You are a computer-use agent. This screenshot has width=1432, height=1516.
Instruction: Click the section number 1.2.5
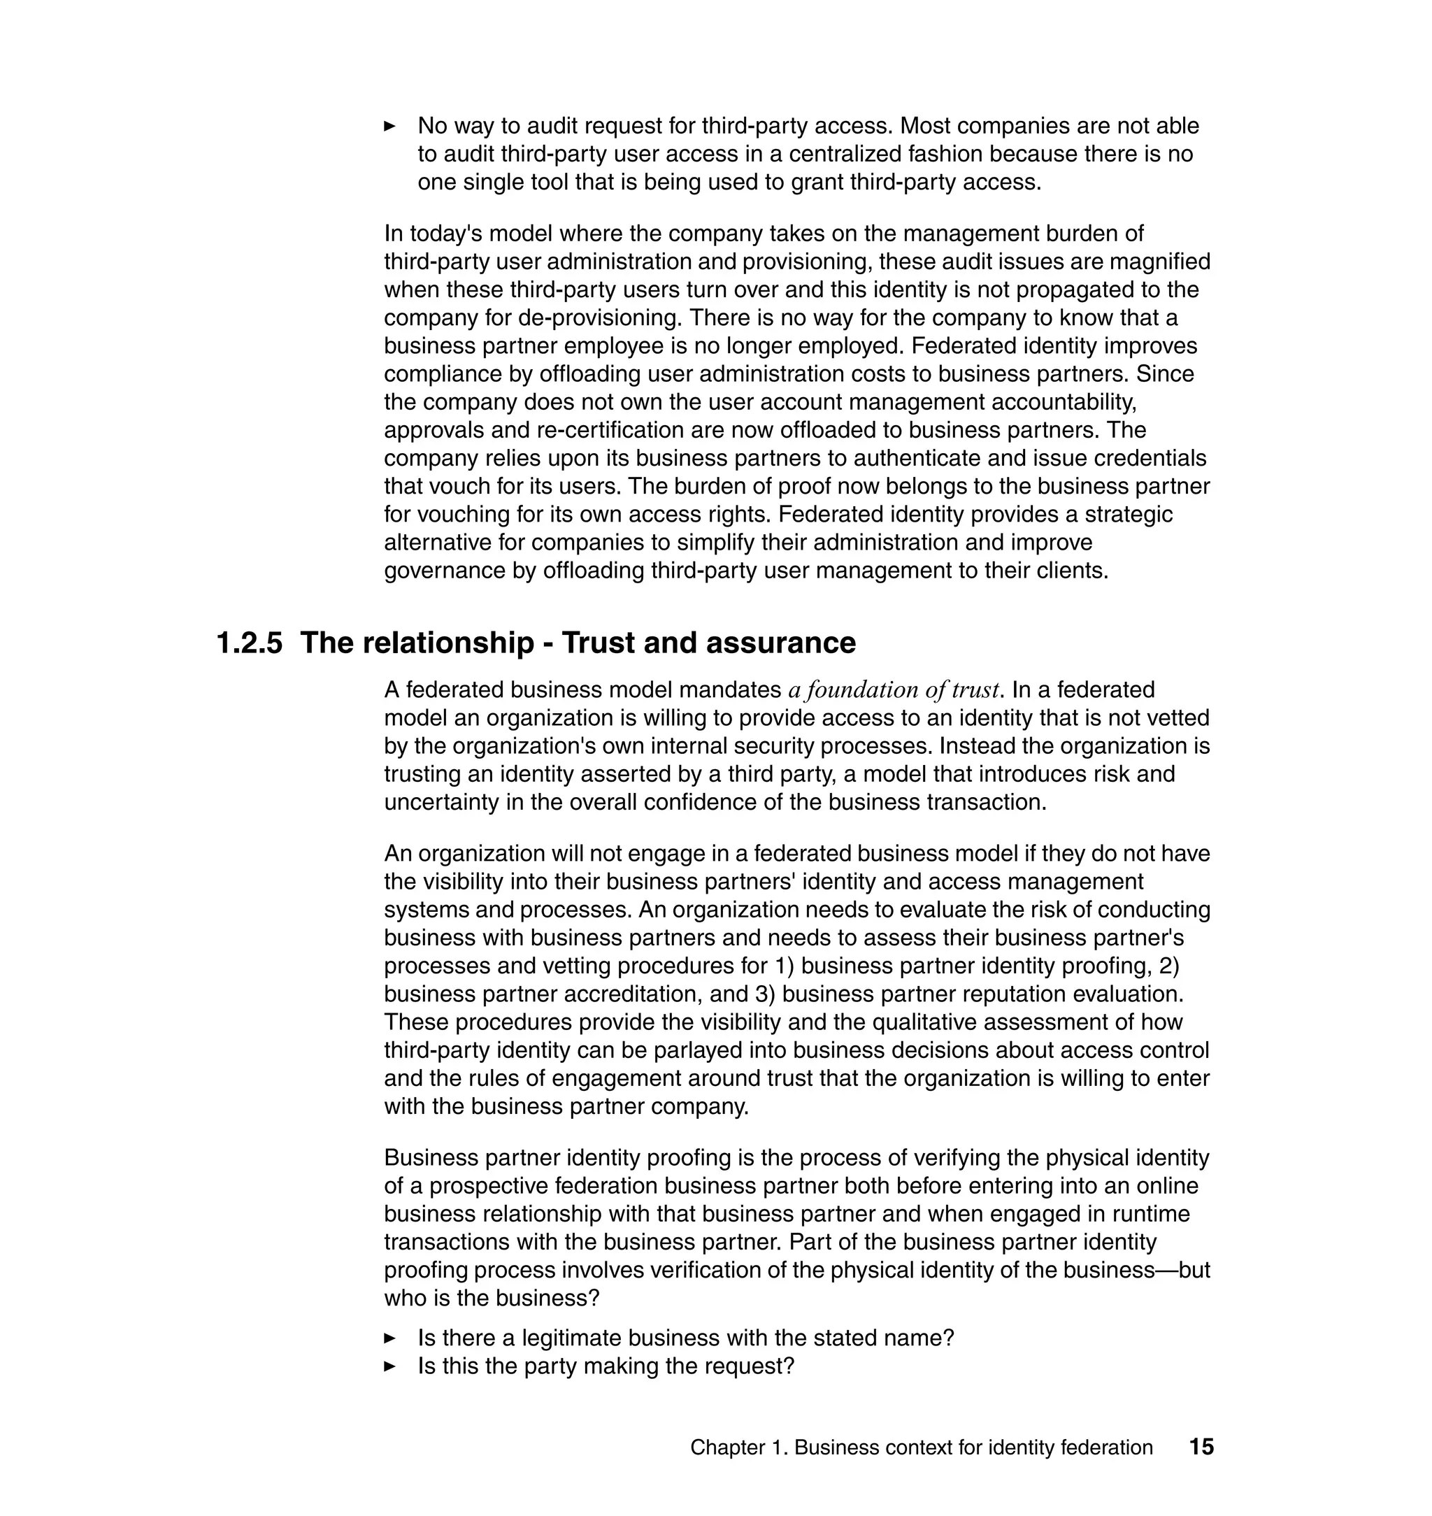(x=249, y=643)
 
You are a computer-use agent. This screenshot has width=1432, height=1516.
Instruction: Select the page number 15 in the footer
(x=1201, y=1447)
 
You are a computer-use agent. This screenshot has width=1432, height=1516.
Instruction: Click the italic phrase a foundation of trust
(x=894, y=690)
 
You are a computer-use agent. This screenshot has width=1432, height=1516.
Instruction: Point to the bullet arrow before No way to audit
(x=389, y=126)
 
